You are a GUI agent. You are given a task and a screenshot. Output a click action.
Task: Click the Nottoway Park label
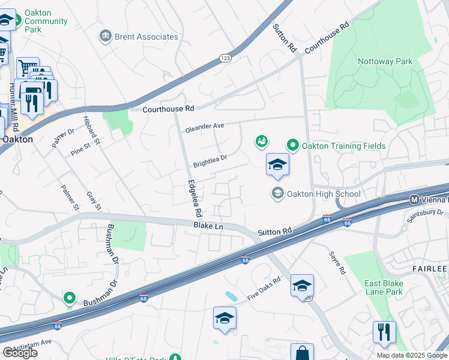pyautogui.click(x=385, y=61)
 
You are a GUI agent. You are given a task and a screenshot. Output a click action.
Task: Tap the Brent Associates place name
pyautogui.click(x=147, y=37)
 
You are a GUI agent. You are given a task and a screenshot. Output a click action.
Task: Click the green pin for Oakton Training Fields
pyautogui.click(x=292, y=145)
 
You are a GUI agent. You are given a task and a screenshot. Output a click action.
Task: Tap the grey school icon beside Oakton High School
pyautogui.click(x=277, y=193)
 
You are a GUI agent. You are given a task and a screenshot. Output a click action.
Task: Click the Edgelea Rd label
pyautogui.click(x=194, y=199)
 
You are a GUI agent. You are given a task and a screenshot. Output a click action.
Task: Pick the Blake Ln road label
pyautogui.click(x=208, y=226)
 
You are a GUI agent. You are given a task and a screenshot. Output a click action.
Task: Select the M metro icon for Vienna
pyautogui.click(x=414, y=199)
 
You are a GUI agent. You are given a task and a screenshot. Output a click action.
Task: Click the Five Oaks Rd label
pyautogui.click(x=264, y=289)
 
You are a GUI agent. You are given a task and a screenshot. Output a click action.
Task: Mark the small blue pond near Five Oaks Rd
pyautogui.click(x=231, y=296)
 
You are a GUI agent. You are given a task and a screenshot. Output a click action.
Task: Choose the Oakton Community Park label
pyautogui.click(x=46, y=21)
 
